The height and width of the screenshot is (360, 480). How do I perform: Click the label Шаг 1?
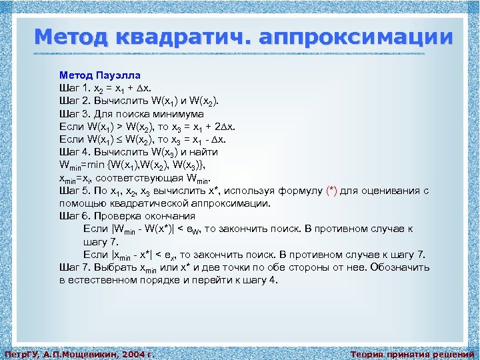point(75,88)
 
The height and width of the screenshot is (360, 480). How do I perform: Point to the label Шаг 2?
point(75,101)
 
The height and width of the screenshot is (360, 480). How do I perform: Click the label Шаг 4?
point(75,152)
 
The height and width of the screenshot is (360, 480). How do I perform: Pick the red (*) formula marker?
point(331,191)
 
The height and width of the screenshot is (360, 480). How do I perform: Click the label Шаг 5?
point(75,191)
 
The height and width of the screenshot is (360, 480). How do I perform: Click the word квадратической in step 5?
point(147,203)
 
